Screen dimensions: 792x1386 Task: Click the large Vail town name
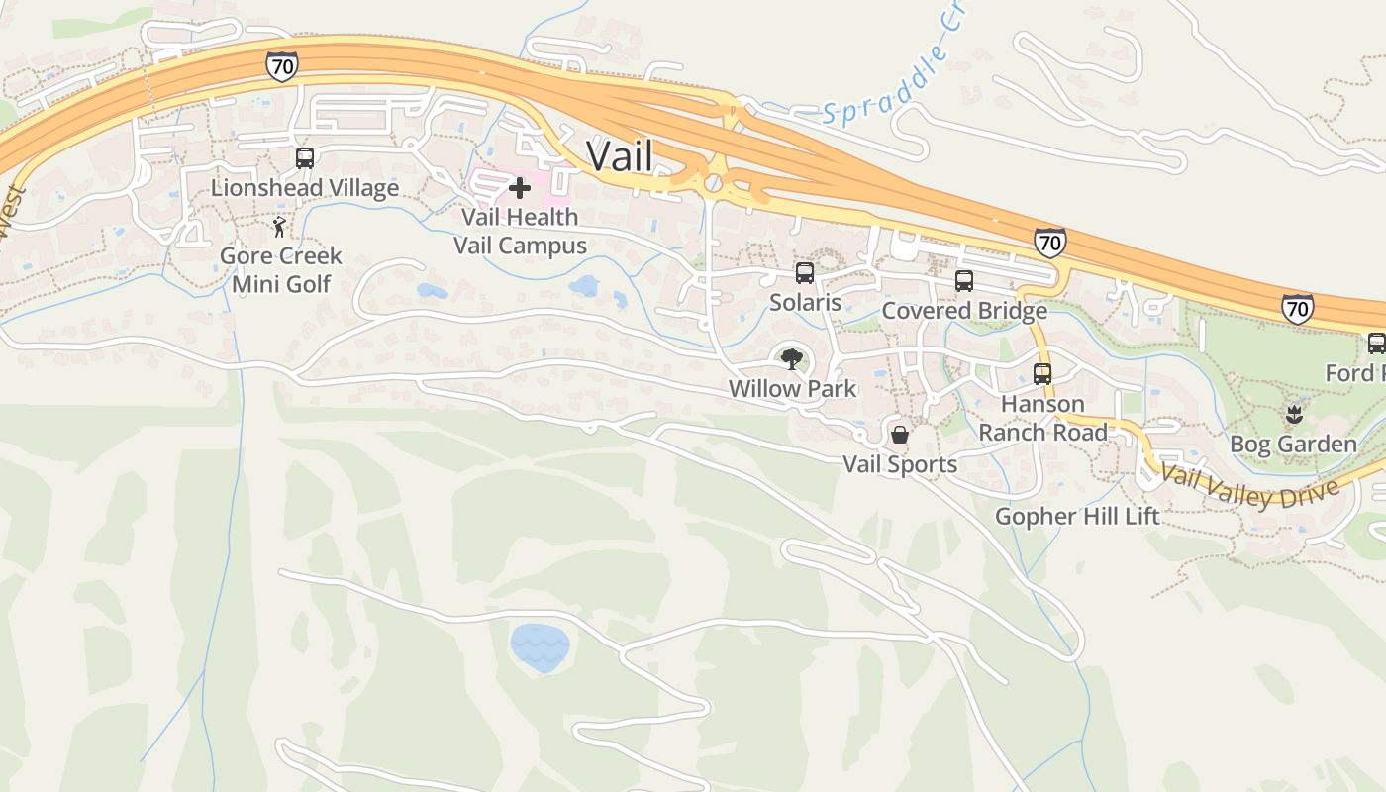[x=620, y=155]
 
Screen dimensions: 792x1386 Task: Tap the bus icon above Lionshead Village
[x=305, y=157]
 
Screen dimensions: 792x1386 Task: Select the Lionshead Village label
[x=305, y=188]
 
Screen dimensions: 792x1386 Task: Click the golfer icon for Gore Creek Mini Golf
[x=280, y=227]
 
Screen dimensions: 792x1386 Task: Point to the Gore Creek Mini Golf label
[x=281, y=270]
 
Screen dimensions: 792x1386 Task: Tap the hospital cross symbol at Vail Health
[x=519, y=188]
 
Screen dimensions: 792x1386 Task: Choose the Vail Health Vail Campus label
[x=520, y=231]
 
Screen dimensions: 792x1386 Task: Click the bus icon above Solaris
[x=805, y=273]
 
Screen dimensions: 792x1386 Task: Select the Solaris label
[x=805, y=303]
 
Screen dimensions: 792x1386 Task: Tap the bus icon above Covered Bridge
[x=964, y=281]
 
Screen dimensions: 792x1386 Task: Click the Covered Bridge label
[x=964, y=311]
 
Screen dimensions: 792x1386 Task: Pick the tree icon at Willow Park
[x=791, y=358]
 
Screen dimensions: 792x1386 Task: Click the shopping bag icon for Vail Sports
[x=900, y=434]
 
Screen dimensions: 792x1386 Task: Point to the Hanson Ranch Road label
[x=1043, y=418]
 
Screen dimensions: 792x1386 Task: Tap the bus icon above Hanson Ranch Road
[x=1042, y=373]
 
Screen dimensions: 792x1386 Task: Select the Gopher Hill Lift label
[x=1077, y=516]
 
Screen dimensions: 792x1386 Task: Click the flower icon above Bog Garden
[x=1293, y=414]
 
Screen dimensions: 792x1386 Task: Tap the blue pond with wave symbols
[x=540, y=648]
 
